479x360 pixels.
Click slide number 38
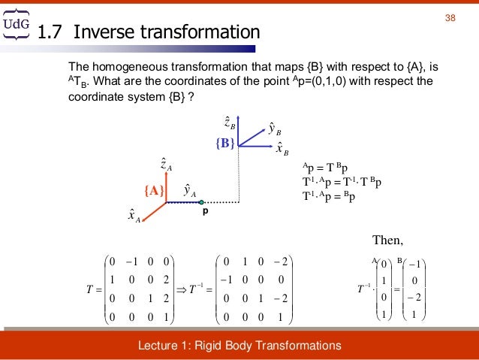[x=451, y=18]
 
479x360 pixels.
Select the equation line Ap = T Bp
[x=328, y=168]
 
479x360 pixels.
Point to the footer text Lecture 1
[x=239, y=345]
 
